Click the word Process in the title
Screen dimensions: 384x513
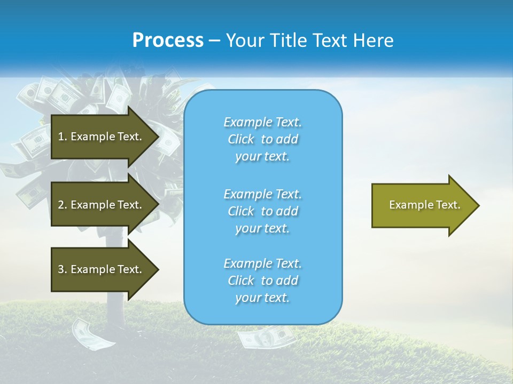tap(168, 41)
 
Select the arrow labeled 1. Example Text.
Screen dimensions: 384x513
tap(102, 137)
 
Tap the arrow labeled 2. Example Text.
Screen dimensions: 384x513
tap(102, 205)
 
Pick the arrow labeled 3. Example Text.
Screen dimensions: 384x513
tap(102, 269)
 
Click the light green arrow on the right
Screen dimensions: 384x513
tap(422, 205)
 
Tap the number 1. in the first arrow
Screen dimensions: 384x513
tap(63, 137)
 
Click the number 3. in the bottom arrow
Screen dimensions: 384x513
tap(63, 269)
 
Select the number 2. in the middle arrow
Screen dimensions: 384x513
tap(63, 205)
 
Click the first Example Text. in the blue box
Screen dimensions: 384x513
tap(262, 122)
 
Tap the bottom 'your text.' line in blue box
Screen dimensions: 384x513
tap(262, 298)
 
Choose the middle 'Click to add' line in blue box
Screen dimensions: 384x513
tap(262, 211)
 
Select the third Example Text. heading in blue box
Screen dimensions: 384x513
tap(262, 263)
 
